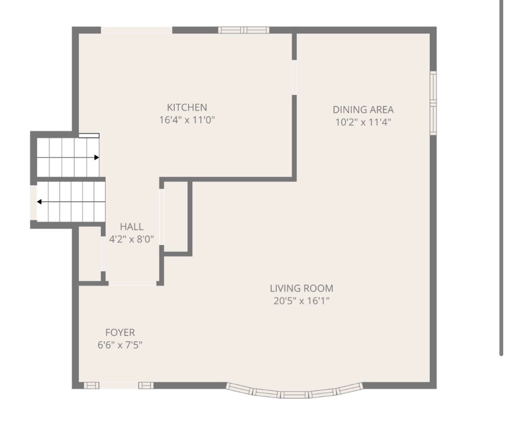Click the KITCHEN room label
pos(187,107)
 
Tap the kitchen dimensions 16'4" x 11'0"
pos(187,120)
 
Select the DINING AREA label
pos(363,110)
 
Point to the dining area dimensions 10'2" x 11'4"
pos(363,122)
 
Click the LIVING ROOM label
pos(302,288)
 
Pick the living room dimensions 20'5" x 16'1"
pos(302,301)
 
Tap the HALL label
pos(131,227)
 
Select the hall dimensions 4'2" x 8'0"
pos(131,239)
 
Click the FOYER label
pos(120,333)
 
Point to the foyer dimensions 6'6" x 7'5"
pos(120,345)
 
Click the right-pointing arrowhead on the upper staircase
pos(97,158)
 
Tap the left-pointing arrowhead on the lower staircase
pos(39,202)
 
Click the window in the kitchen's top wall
pos(244,30)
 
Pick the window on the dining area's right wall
pos(433,103)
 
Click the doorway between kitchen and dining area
pos(294,77)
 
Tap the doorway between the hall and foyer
pos(133,283)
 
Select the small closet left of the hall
pos(90,254)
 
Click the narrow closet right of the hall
pos(176,217)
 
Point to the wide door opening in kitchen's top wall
pos(136,30)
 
